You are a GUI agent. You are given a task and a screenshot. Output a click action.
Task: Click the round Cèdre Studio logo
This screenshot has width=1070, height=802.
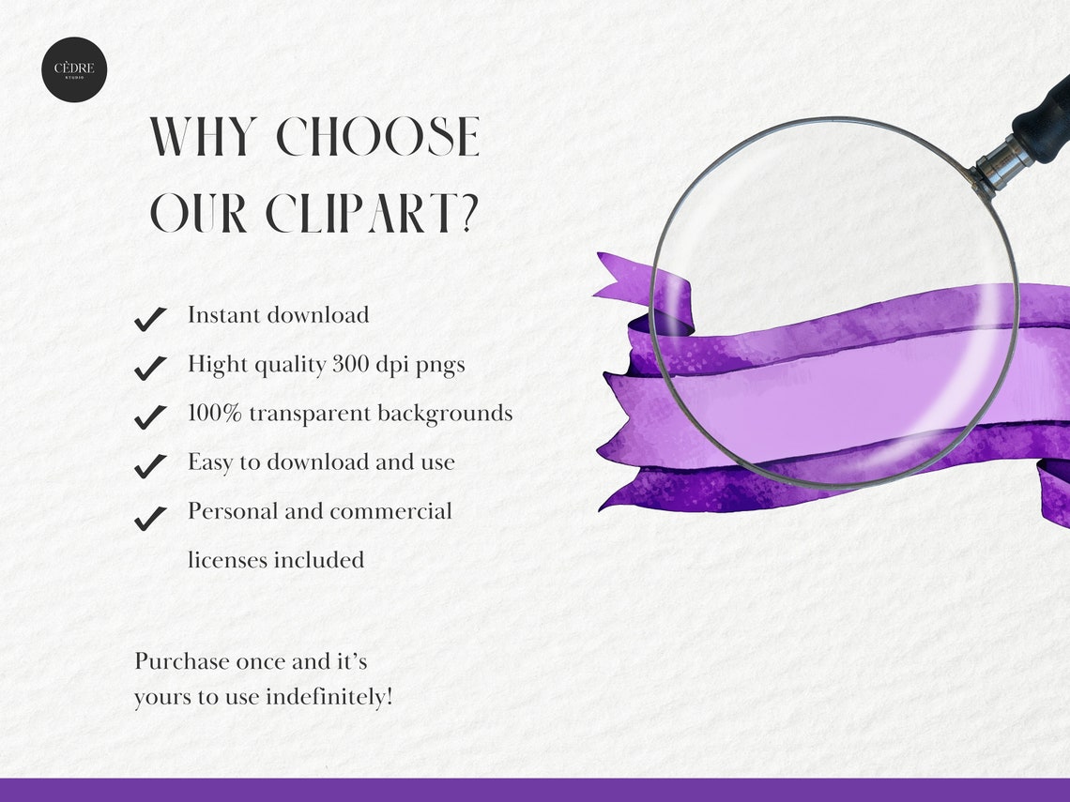74,69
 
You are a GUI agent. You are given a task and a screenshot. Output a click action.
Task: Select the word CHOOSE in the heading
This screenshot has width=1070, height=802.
378,138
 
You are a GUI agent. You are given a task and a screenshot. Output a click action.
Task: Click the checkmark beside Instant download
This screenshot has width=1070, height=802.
150,319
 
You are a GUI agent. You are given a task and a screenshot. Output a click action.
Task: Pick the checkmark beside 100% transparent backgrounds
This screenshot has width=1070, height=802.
150,416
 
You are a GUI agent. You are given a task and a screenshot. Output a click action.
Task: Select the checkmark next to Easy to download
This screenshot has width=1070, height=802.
150,465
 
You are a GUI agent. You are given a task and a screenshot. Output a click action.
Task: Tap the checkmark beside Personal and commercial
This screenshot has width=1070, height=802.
150,517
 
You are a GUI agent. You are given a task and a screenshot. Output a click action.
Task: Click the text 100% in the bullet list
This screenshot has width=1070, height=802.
215,413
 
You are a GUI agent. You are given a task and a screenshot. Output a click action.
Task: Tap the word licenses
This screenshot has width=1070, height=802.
228,560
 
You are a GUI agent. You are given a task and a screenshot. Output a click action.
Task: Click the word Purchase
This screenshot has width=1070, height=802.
182,661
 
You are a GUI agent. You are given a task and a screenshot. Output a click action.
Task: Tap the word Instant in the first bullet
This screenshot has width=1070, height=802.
223,315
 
